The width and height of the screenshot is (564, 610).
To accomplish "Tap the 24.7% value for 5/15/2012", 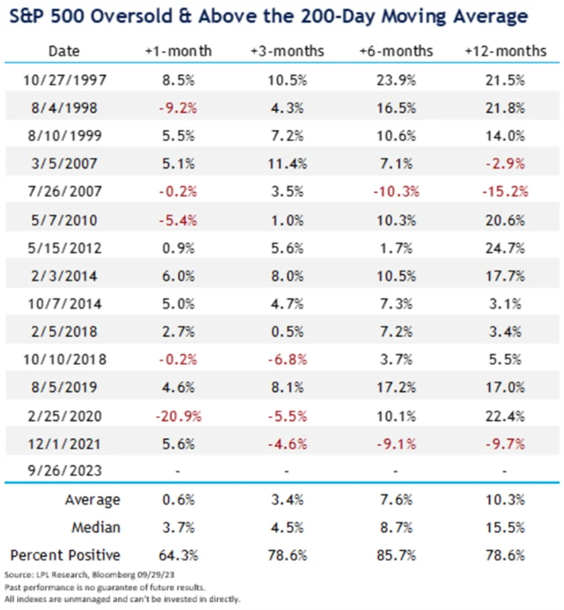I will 505,249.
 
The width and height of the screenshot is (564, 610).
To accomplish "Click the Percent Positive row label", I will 66,557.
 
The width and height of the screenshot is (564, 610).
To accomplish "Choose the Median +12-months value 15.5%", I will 505,529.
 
